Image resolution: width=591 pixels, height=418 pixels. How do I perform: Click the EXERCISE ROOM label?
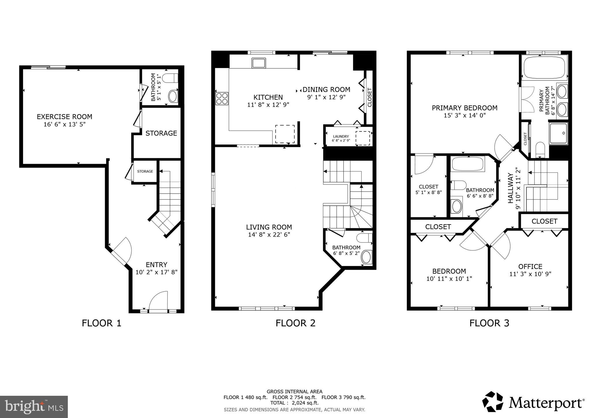click(64, 117)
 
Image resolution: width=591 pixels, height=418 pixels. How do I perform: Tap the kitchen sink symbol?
click(259, 63)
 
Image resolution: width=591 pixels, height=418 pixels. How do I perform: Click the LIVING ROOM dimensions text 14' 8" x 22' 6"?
click(269, 235)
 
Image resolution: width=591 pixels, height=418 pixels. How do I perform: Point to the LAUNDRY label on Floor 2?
click(341, 137)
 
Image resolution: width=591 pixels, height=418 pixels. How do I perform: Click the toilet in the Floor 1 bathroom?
click(170, 78)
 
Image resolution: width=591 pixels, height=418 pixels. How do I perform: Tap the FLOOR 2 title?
click(295, 323)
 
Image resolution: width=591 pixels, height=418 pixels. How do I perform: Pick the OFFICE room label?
click(530, 266)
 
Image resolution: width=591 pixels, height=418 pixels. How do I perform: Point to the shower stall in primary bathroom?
click(558, 133)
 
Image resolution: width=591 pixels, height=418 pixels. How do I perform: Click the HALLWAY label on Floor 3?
click(510, 188)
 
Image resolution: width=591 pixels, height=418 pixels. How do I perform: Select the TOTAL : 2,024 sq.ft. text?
click(294, 403)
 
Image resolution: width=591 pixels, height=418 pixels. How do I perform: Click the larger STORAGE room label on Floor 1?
click(161, 133)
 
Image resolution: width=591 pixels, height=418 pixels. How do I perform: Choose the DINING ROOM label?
click(326, 89)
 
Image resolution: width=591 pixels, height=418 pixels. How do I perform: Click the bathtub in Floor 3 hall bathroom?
click(467, 164)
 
